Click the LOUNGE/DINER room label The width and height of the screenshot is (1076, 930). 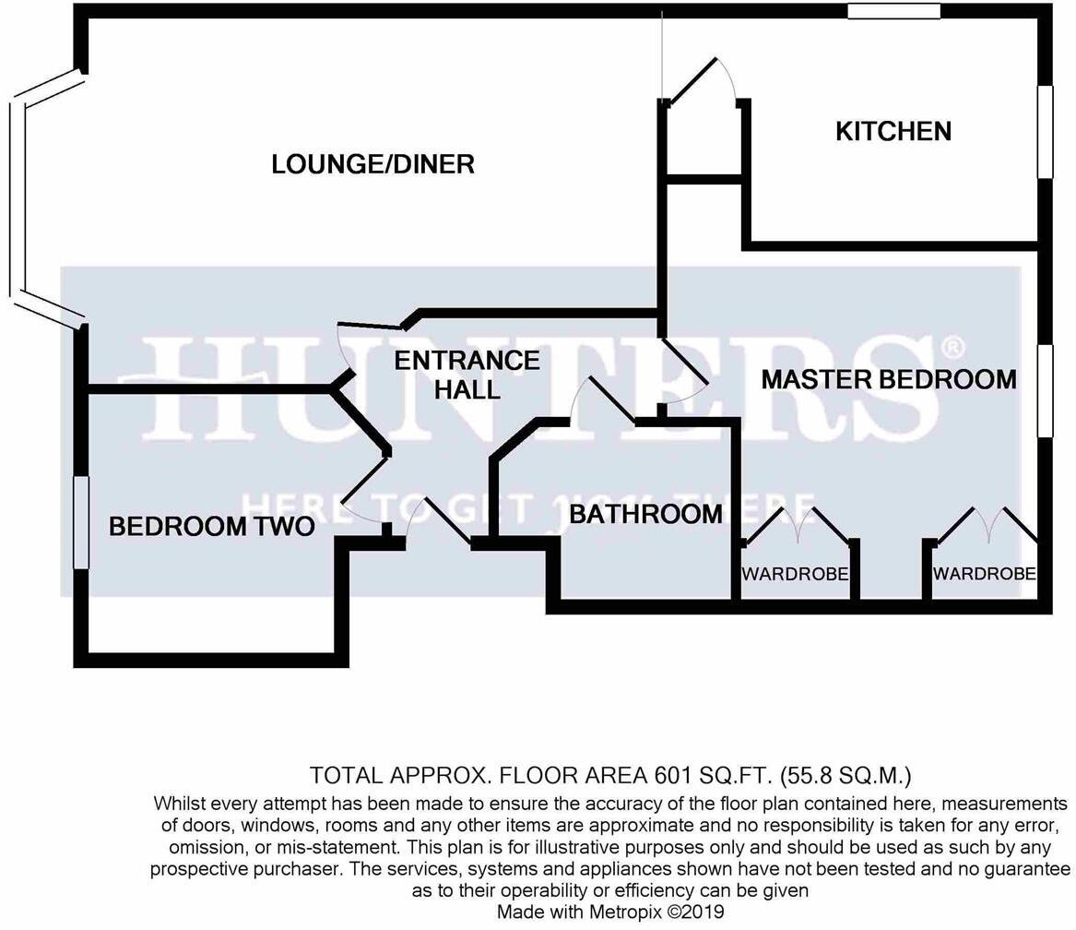tap(372, 164)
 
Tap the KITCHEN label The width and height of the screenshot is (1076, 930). tap(893, 131)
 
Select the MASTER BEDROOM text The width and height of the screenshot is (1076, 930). tap(889, 379)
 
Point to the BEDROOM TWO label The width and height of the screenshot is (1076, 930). tap(211, 527)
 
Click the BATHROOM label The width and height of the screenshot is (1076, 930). tap(645, 514)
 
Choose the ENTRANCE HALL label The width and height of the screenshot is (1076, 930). tap(467, 374)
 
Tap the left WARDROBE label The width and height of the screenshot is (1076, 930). tap(795, 574)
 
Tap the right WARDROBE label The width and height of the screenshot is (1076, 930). tap(984, 574)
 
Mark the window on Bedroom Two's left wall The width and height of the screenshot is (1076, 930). tap(81, 522)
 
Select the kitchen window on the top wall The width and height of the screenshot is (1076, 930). tap(893, 12)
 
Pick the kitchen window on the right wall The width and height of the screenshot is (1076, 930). tap(1045, 132)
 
